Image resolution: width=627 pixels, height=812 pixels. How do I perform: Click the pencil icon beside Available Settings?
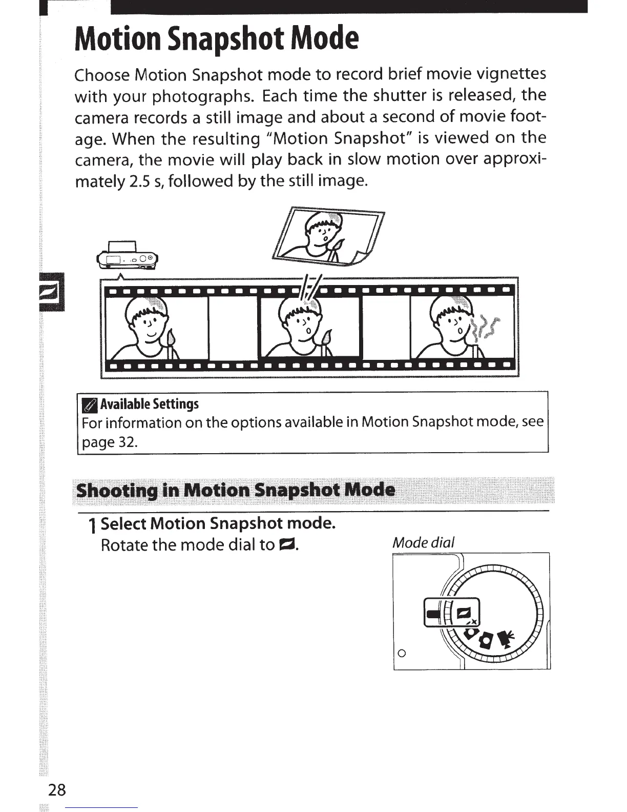click(x=89, y=405)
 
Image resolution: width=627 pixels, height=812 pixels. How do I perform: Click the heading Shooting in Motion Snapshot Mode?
click(x=236, y=490)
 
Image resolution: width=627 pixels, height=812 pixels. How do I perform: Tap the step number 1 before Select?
click(x=92, y=525)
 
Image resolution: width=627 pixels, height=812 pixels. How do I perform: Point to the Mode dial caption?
click(x=424, y=542)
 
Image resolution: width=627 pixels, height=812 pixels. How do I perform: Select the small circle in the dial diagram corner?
click(x=402, y=654)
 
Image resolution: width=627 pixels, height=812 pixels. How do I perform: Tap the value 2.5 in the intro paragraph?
click(x=137, y=181)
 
